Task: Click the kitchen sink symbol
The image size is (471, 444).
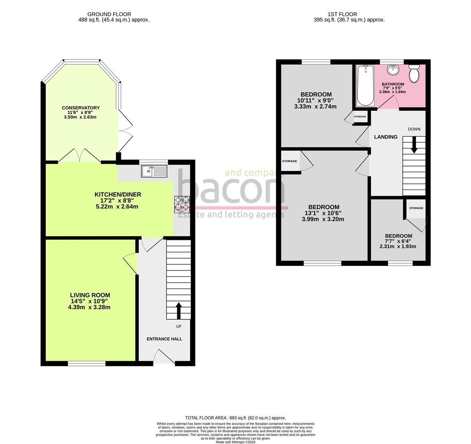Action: (x=154, y=171)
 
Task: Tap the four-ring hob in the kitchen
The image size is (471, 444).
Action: (x=182, y=204)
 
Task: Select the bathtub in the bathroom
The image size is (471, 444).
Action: (x=365, y=86)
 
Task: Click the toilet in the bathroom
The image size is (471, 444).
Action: (x=414, y=73)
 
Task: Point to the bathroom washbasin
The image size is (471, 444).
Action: (x=393, y=70)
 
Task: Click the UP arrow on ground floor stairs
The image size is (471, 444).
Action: (x=179, y=311)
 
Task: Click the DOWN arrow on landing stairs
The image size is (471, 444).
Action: (x=414, y=145)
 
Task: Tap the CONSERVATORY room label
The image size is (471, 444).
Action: (x=81, y=108)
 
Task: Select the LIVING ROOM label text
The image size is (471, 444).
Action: (x=90, y=295)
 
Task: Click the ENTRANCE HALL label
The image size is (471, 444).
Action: (x=164, y=339)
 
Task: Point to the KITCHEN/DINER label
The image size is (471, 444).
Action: (x=118, y=194)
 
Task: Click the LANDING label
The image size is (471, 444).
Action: (x=385, y=137)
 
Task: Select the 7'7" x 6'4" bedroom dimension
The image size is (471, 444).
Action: (x=398, y=241)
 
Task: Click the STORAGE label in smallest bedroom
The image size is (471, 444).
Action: (x=416, y=208)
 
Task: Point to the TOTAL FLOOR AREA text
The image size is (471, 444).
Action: (x=235, y=418)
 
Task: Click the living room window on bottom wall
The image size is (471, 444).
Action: (x=86, y=363)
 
